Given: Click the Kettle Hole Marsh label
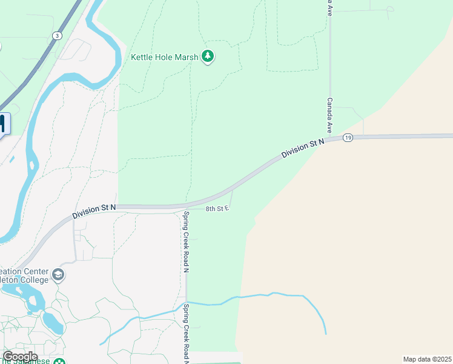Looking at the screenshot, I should (x=164, y=58).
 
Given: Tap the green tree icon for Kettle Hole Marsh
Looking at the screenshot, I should (x=208, y=56).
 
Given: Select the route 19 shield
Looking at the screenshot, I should (x=347, y=138).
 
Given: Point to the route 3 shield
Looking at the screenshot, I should (x=56, y=35).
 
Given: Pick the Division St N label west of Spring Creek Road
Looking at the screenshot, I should (x=94, y=212).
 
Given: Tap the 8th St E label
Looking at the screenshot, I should (x=217, y=209).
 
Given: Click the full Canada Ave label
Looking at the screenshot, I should (x=331, y=115).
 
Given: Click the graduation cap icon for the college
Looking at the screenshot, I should (x=58, y=275).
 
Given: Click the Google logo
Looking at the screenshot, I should (x=20, y=357).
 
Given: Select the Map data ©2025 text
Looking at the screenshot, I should (x=427, y=359).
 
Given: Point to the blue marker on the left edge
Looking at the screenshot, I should (x=2, y=124).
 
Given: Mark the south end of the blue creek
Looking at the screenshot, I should (x=326, y=333).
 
